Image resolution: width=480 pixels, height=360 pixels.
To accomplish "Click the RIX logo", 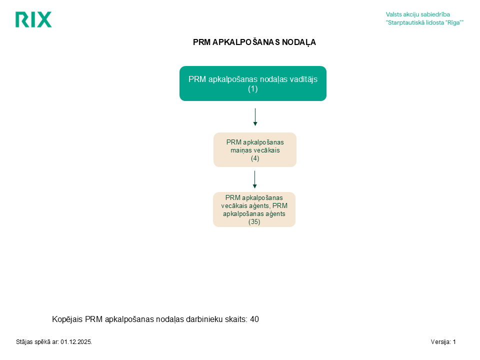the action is tap(33, 19).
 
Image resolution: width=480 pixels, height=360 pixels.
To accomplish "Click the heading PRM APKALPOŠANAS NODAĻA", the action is tap(254, 42).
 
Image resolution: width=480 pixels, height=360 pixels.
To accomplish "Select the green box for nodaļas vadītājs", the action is tap(253, 83).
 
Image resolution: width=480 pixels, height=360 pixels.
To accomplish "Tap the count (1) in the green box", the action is tap(253, 89).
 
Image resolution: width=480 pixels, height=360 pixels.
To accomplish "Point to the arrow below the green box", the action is tap(255, 117).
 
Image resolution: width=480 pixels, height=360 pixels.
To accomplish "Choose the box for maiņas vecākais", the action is tap(255, 149).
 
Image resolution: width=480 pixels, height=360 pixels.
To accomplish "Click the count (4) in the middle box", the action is tap(255, 158).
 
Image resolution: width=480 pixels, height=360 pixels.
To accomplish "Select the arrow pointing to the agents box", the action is tap(254, 179).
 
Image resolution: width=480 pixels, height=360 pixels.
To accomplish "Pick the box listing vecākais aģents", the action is tap(254, 209).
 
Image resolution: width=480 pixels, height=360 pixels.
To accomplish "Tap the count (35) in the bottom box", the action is tap(254, 221).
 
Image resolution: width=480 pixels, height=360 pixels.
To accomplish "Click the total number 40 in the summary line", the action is tap(254, 319).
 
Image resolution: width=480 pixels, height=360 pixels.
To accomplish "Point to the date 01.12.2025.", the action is tap(76, 342).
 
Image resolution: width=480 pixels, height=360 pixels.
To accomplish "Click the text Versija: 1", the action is tap(443, 342).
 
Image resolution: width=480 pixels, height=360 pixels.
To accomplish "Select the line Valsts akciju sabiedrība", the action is tap(418, 14).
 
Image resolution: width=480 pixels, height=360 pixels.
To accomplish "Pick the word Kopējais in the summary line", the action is tap(67, 319).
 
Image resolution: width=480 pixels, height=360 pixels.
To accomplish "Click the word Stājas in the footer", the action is tap(24, 342).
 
